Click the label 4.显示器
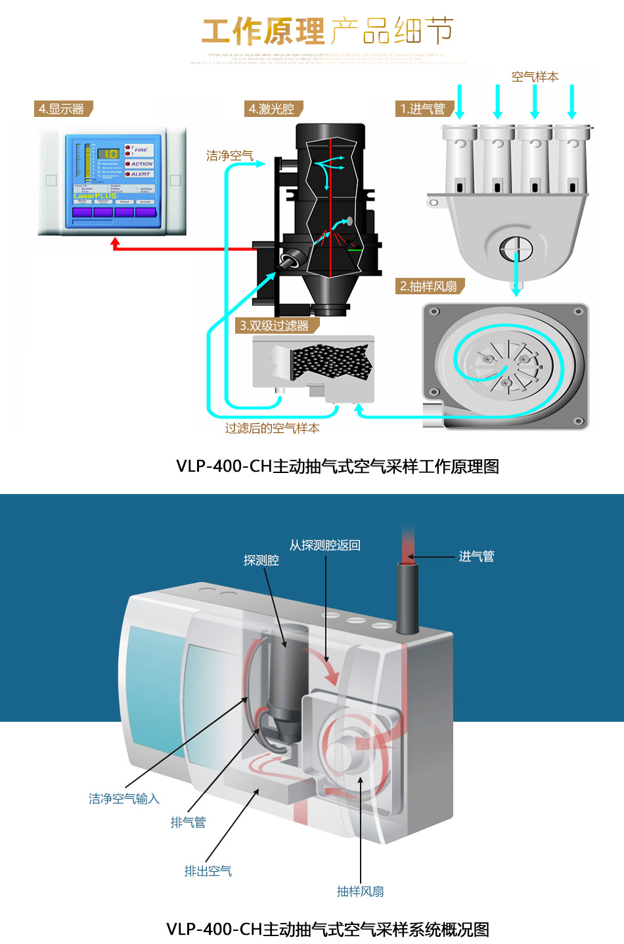[x=62, y=109]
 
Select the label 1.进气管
[x=423, y=109]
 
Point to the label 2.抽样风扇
[x=429, y=286]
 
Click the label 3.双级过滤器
[x=275, y=326]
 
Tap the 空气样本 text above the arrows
[x=535, y=77]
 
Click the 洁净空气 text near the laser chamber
[x=229, y=156]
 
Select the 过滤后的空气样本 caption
[x=272, y=428]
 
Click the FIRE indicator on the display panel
[x=140, y=150]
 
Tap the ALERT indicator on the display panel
[x=139, y=174]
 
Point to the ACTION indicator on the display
[x=140, y=164]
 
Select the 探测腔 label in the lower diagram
[x=261, y=560]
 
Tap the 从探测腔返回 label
[x=324, y=545]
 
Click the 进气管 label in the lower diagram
[x=476, y=556]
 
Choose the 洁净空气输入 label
[x=124, y=799]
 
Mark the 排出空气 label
[x=208, y=871]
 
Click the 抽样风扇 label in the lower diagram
[x=360, y=891]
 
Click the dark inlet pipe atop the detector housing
[x=407, y=598]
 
